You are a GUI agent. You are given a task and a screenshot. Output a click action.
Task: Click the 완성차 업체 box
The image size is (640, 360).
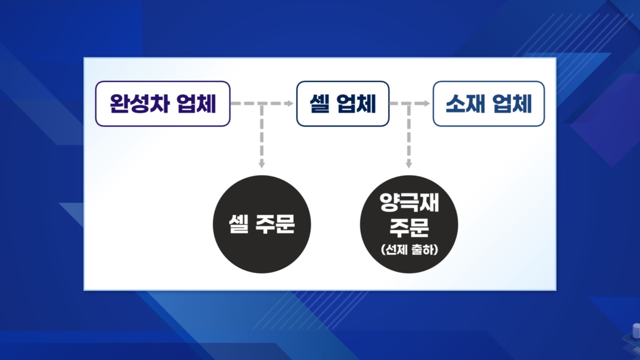click(162, 103)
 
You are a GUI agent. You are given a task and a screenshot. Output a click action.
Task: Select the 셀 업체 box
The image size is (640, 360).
click(342, 103)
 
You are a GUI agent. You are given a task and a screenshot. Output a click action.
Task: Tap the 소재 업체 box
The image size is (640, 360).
click(489, 103)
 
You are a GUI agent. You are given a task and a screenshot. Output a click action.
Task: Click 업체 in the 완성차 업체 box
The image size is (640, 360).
click(195, 103)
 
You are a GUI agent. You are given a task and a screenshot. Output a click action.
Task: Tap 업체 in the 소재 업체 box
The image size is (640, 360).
click(513, 103)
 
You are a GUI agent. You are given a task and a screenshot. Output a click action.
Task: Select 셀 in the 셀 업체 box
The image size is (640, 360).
click(319, 103)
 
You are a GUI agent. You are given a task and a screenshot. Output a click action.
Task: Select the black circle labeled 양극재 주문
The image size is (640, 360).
click(409, 225)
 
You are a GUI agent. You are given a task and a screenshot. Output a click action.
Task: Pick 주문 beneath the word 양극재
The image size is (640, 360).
click(409, 228)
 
